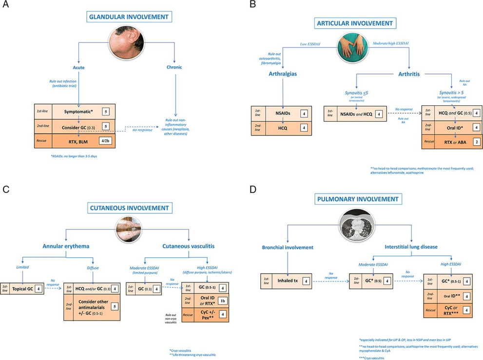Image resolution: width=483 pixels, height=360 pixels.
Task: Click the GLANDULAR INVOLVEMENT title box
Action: (130, 17)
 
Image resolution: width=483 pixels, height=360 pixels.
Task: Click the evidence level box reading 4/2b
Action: (105, 142)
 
